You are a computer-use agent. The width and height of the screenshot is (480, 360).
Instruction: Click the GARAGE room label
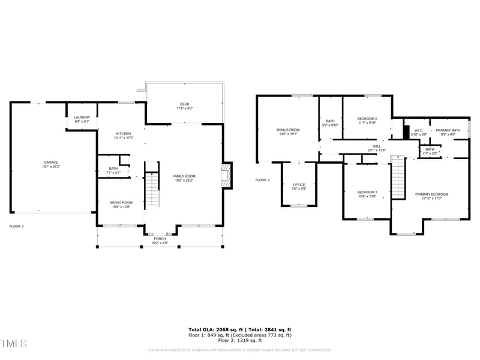tap(50, 162)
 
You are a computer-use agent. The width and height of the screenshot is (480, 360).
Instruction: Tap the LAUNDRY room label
tap(82, 118)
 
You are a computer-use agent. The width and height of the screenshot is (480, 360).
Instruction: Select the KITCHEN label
tap(124, 133)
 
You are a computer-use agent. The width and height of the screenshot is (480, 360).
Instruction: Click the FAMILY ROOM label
tap(184, 176)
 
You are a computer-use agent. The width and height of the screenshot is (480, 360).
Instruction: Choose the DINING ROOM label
tap(121, 203)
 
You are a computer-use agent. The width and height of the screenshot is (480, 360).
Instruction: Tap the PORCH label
tap(160, 239)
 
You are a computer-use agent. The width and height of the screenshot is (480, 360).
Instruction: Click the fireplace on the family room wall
tap(226, 175)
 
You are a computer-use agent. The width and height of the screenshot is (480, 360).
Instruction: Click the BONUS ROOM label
tap(288, 130)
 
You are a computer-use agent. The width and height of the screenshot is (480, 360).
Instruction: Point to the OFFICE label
tap(299, 185)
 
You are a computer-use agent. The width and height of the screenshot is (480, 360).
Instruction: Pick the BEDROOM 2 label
tap(367, 119)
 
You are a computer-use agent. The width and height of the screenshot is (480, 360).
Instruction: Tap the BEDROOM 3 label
tap(367, 192)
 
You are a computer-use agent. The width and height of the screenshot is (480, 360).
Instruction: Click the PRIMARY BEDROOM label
tap(431, 194)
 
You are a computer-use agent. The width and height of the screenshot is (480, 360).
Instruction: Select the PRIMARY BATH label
tap(448, 130)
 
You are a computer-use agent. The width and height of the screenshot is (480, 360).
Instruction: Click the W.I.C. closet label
tap(418, 130)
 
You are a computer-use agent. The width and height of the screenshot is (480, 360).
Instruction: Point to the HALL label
tap(376, 146)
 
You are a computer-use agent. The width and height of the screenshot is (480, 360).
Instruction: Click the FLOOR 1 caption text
tap(16, 226)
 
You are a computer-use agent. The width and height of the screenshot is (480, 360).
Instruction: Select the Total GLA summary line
tap(240, 329)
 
